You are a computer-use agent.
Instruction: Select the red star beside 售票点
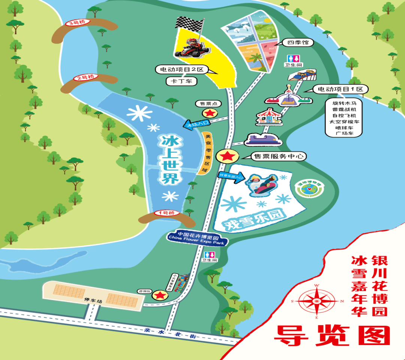tap(210, 113)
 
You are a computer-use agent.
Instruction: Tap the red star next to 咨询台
tap(160, 295)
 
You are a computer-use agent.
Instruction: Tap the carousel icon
tap(268, 117)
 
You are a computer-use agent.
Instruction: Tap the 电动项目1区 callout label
tap(341, 89)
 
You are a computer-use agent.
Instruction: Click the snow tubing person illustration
tap(261, 184)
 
